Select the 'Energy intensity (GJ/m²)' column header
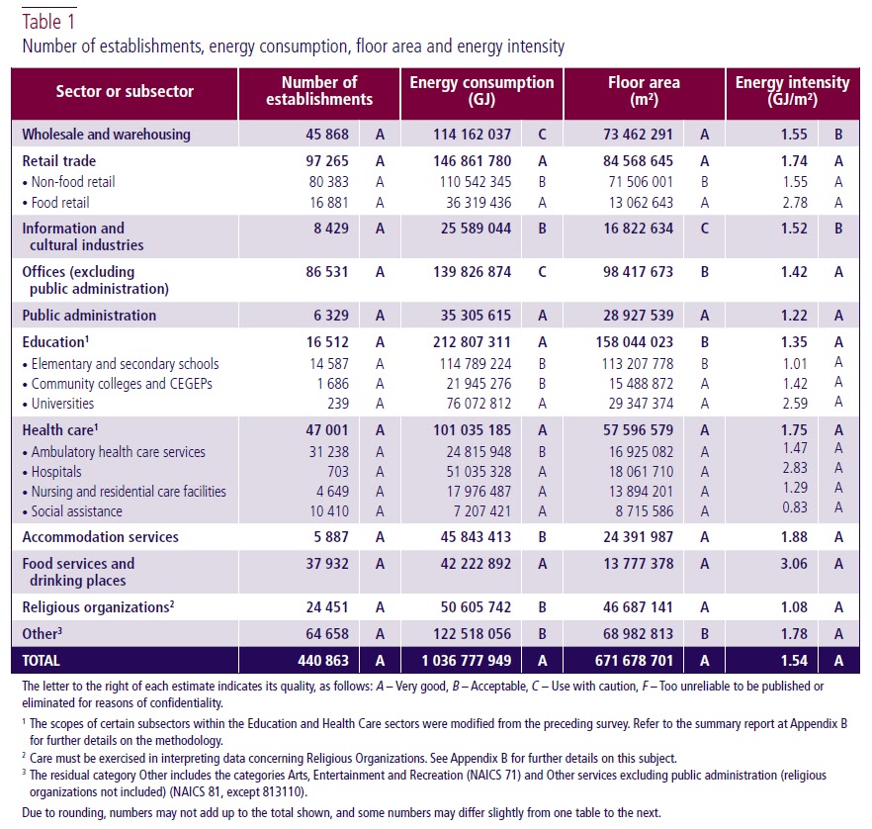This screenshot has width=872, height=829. (792, 91)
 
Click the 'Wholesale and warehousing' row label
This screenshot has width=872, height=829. (106, 134)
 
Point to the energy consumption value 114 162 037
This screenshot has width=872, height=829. (472, 134)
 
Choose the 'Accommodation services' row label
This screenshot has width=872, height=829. (100, 537)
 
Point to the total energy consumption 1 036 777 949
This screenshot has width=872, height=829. (461, 660)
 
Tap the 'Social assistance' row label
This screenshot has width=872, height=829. (76, 511)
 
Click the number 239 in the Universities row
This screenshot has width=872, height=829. (333, 404)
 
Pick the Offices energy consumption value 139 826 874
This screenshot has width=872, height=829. (472, 272)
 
